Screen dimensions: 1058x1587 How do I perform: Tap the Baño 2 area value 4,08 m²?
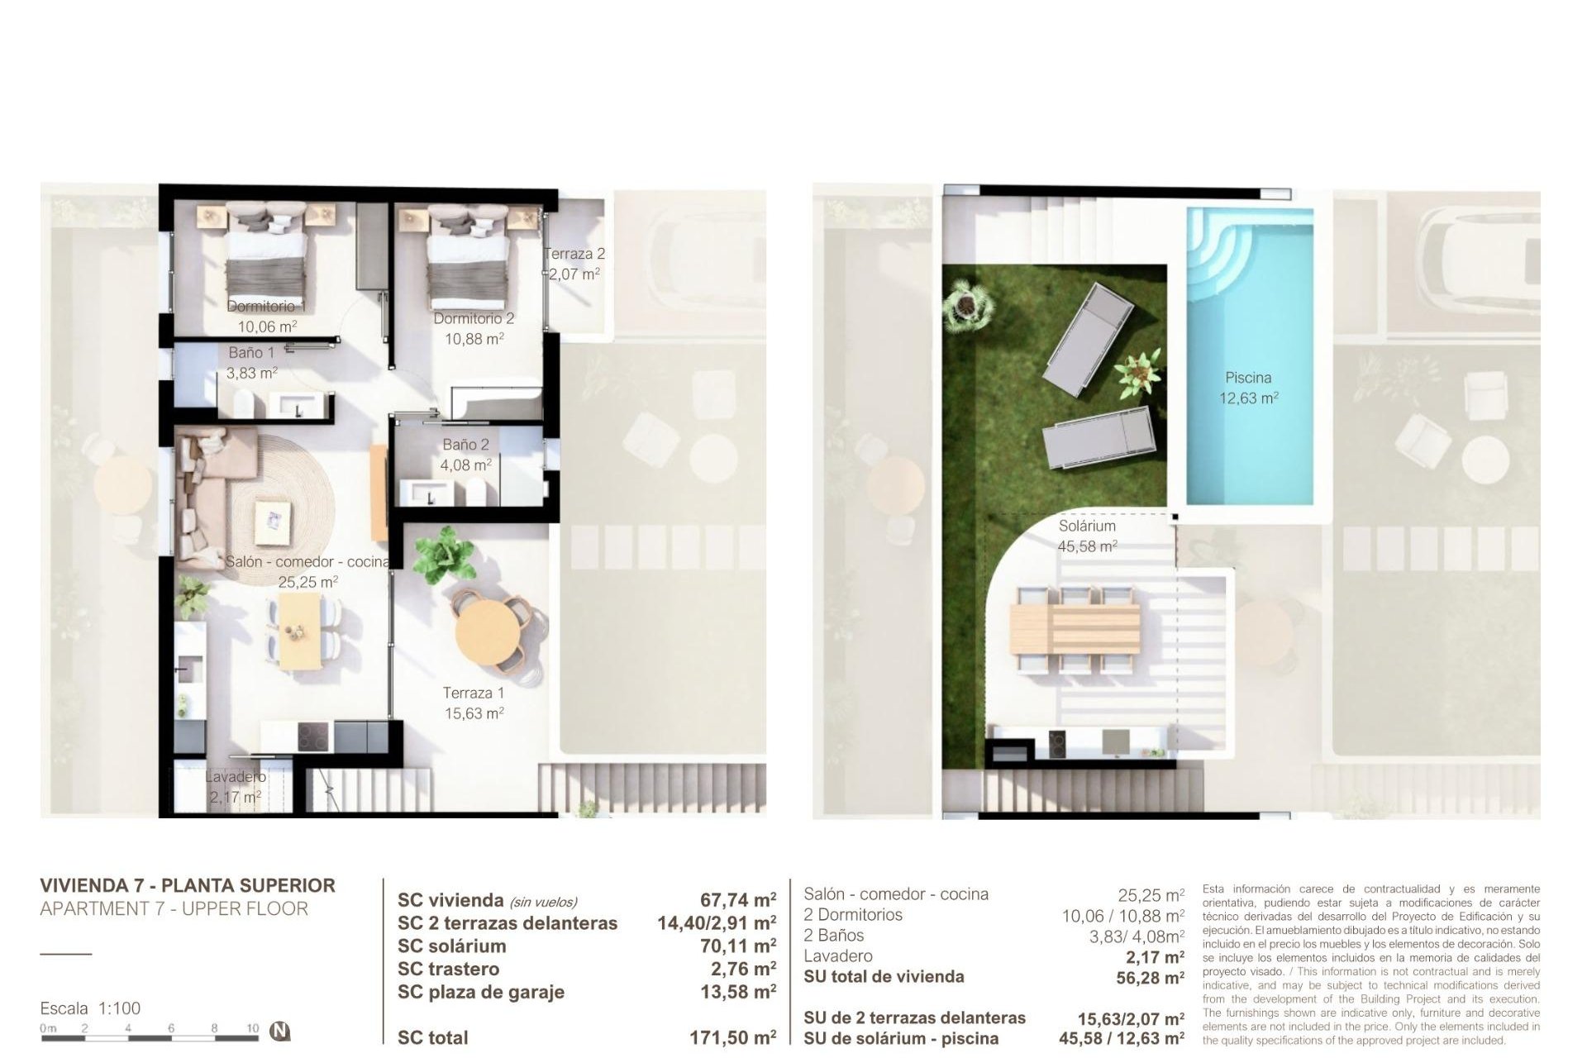[x=465, y=465]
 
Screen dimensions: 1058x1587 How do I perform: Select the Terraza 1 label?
[x=473, y=693]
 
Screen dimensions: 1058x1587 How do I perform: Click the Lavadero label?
[x=236, y=777]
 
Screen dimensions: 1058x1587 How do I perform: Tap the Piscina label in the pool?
[x=1248, y=378]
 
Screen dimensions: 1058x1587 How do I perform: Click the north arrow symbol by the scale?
[x=281, y=1031]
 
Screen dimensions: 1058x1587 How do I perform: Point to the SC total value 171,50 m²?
[x=732, y=1037]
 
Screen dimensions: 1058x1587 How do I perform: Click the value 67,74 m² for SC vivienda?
[x=737, y=900]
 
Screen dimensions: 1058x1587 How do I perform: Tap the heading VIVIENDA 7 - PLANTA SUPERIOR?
[x=188, y=885]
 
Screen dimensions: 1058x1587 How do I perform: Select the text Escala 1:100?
[x=90, y=1008]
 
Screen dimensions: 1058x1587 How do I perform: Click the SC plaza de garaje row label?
[x=480, y=992]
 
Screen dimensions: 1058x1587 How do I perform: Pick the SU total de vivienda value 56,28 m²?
[x=1150, y=979]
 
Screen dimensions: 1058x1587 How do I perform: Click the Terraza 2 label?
[x=574, y=254]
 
